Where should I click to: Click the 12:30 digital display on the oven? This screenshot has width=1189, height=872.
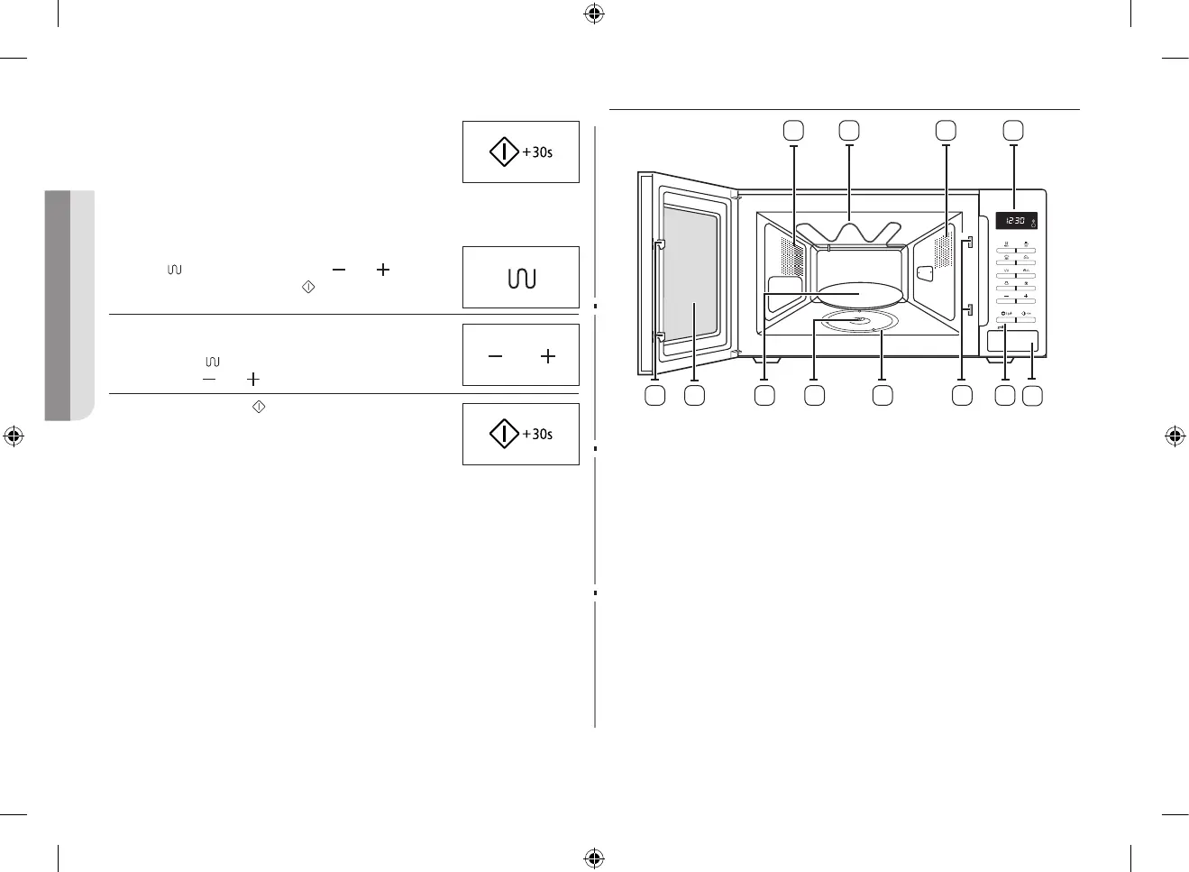(x=1015, y=220)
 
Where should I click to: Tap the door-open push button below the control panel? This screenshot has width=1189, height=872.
(x=1011, y=342)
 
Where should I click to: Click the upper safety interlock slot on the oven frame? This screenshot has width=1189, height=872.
(x=968, y=242)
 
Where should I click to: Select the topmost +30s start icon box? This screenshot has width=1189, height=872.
(x=521, y=152)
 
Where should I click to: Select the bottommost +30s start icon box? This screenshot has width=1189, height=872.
(x=521, y=435)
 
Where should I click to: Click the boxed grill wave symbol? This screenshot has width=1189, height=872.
(x=521, y=279)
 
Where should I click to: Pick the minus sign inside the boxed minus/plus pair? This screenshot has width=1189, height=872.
(x=495, y=357)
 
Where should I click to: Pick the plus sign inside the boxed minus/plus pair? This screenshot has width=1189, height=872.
(x=547, y=357)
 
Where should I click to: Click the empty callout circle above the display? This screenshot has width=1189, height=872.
(x=1014, y=130)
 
